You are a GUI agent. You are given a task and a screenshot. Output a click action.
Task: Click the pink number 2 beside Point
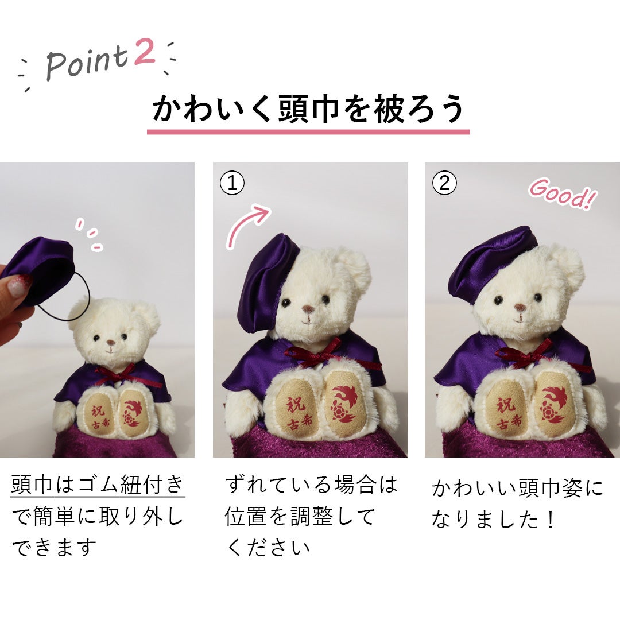click(x=145, y=52)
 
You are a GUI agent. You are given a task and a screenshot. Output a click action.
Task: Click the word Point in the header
click(x=88, y=63)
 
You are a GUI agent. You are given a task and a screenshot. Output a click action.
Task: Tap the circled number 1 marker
click(x=232, y=183)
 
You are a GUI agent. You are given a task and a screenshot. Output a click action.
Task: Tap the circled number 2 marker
click(x=444, y=183)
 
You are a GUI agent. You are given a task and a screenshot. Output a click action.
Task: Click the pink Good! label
click(x=563, y=193)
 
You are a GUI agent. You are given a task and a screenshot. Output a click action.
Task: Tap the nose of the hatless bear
click(x=111, y=342)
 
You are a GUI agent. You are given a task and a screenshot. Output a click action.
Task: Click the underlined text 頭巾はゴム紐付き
click(x=98, y=485)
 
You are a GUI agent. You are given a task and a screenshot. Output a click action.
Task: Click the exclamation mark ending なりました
click(x=550, y=520)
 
